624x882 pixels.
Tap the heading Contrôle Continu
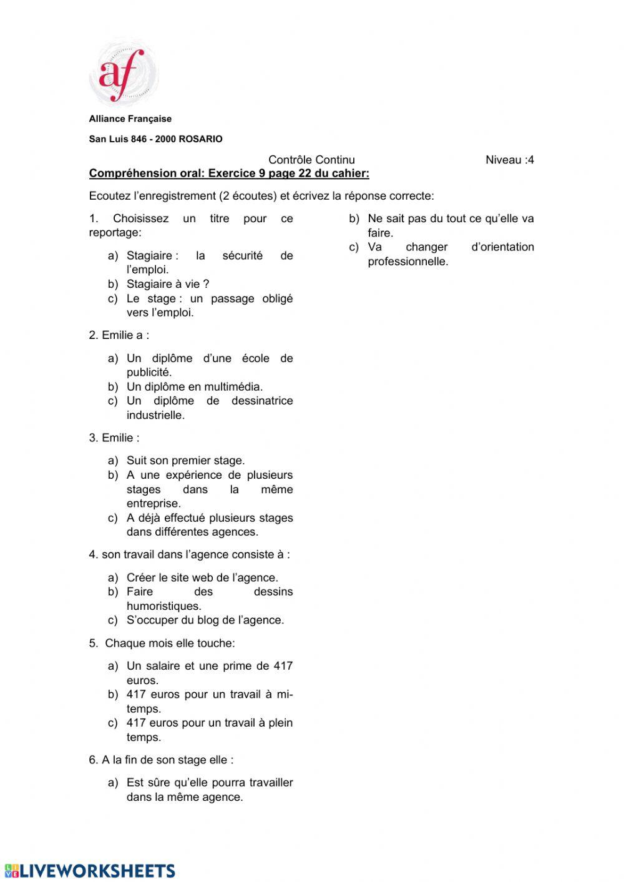(x=311, y=160)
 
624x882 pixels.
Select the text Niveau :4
(x=509, y=160)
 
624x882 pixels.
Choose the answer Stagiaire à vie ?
(x=167, y=284)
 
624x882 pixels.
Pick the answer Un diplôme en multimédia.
(x=194, y=387)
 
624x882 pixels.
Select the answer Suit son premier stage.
(x=185, y=461)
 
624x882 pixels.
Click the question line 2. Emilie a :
(x=119, y=335)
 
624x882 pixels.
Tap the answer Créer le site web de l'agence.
(x=202, y=577)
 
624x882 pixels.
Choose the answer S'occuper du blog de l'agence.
(x=205, y=620)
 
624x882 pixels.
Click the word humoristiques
(x=163, y=606)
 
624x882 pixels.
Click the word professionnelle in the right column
(x=407, y=262)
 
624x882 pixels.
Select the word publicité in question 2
(x=149, y=373)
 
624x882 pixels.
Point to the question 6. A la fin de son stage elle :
(x=161, y=760)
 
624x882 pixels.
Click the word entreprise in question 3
(x=154, y=504)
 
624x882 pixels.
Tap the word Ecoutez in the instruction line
(x=109, y=196)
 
